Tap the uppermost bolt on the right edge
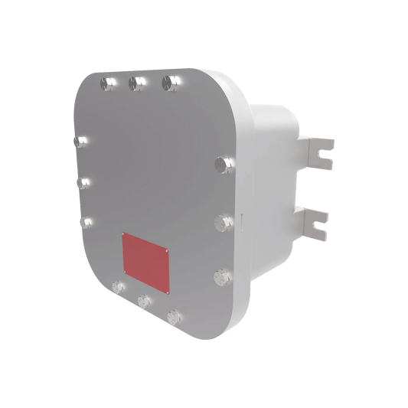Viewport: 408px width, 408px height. (x=223, y=163)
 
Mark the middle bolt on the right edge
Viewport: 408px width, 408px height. (x=224, y=222)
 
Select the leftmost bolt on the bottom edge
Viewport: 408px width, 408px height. (x=117, y=287)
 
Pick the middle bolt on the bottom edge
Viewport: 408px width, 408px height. (x=143, y=300)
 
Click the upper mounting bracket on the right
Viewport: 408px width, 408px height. (x=318, y=150)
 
